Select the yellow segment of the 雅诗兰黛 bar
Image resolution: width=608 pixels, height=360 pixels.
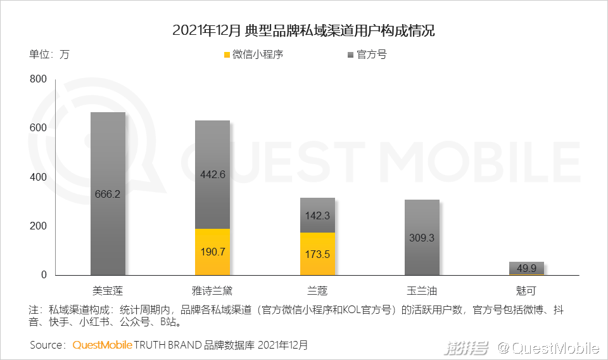tap(212, 252)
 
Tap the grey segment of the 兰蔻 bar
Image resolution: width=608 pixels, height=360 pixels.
tap(317, 215)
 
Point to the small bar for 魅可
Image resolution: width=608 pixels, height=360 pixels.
tap(526, 269)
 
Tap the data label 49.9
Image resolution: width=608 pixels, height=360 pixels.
tap(526, 269)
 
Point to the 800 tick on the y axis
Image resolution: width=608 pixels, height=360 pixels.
tap(39, 79)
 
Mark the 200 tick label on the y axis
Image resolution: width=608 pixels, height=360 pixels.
tap(39, 226)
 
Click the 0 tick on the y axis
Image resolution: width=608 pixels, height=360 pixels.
tap(44, 275)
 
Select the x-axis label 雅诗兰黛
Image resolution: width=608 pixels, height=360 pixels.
tap(212, 292)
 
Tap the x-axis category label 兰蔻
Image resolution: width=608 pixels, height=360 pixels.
tap(317, 292)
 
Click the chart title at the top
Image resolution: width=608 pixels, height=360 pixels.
tap(304, 30)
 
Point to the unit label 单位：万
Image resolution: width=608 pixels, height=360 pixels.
tap(49, 55)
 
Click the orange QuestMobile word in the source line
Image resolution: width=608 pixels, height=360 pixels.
tap(102, 345)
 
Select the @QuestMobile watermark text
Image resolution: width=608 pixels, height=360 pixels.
tap(548, 347)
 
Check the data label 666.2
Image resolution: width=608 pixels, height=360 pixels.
tap(108, 194)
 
